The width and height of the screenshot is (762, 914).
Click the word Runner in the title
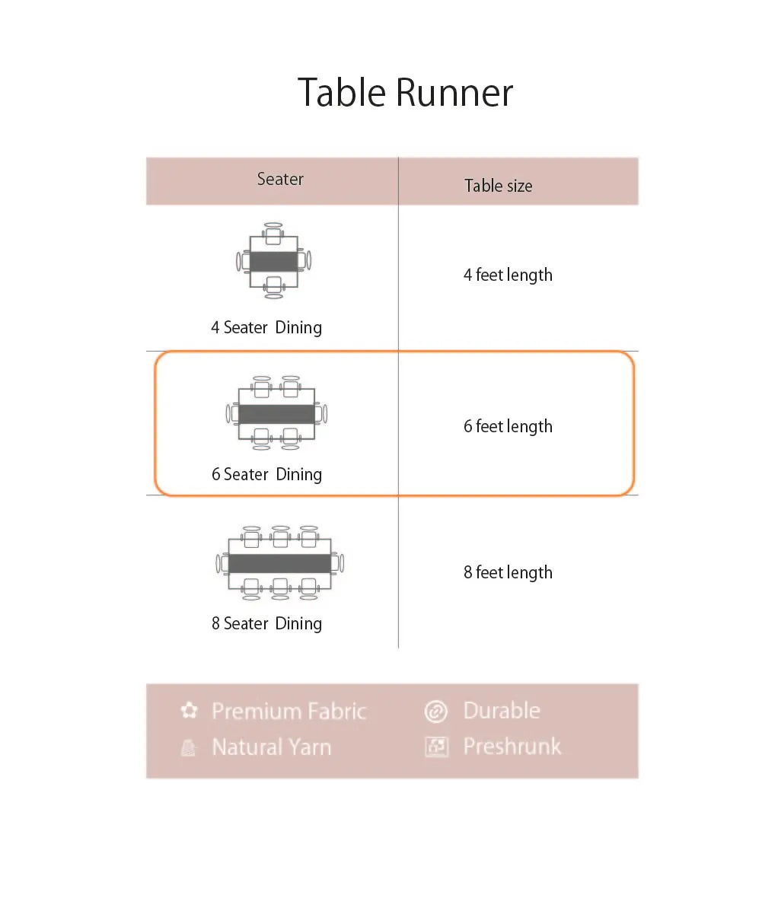point(454,93)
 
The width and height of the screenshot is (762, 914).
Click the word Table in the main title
point(342,93)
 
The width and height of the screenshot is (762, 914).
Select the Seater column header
point(280,180)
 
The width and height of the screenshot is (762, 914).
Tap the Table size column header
point(499,186)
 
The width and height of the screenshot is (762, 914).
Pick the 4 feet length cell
point(508,275)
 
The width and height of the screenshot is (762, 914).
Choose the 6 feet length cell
point(508,426)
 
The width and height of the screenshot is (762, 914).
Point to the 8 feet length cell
point(508,572)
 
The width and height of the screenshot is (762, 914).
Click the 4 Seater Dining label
point(266,328)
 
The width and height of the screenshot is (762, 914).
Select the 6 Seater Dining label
point(266,475)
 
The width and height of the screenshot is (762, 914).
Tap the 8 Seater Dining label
point(266,624)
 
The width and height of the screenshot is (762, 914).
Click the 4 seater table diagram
point(274,261)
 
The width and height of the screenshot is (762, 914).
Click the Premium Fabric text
point(289,712)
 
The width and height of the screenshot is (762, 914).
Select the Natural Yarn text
point(271,747)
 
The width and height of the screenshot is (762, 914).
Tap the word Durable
point(502,711)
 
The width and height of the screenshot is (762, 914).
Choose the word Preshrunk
point(512,747)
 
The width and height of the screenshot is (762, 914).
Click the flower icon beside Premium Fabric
point(189,711)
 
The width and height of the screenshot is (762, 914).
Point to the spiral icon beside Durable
point(435,712)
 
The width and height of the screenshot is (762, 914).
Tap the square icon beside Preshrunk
point(435,747)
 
